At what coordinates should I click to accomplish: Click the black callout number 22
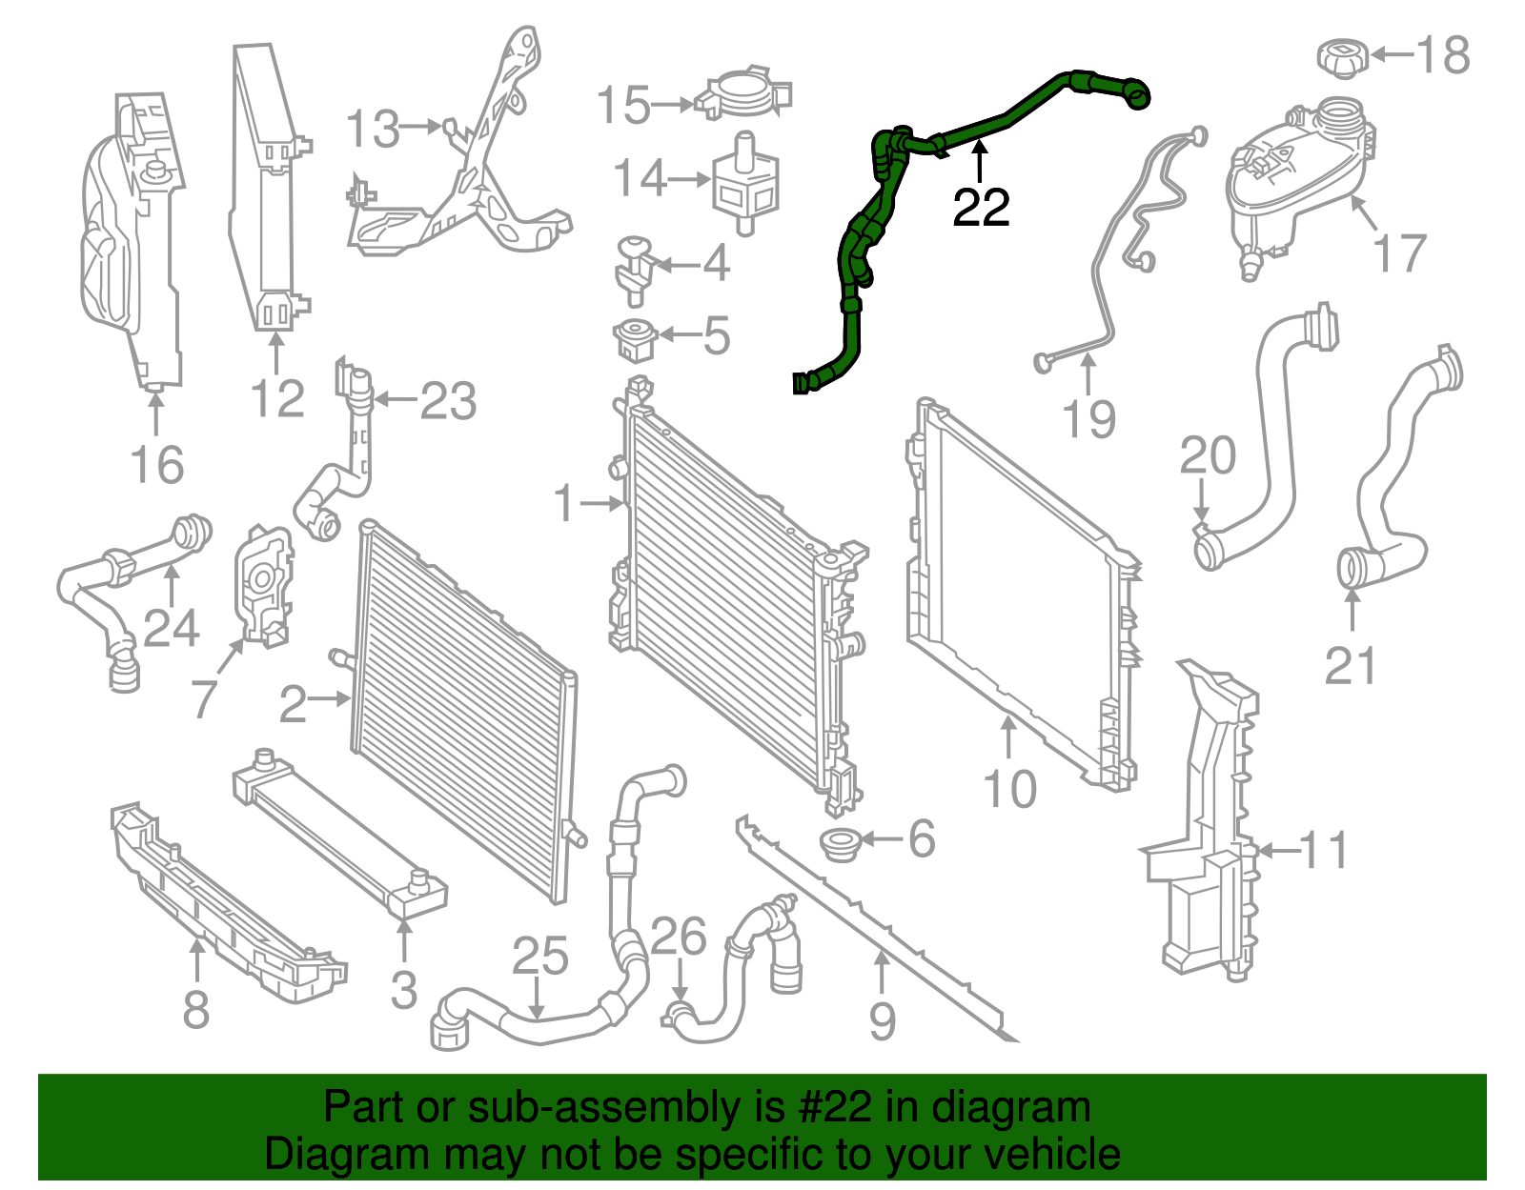[981, 207]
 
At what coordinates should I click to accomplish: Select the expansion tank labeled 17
[1296, 186]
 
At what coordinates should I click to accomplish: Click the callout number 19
[1088, 419]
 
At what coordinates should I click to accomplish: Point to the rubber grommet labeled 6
[840, 843]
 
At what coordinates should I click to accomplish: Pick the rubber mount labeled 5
[633, 340]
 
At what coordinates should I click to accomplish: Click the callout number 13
[373, 130]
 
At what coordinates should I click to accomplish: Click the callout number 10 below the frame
[1009, 790]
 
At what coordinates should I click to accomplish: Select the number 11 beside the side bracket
[1325, 850]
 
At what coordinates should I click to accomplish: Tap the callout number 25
[540, 957]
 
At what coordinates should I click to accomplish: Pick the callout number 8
[195, 1009]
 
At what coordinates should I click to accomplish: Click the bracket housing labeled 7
[262, 586]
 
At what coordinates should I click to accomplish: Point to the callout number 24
[172, 628]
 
